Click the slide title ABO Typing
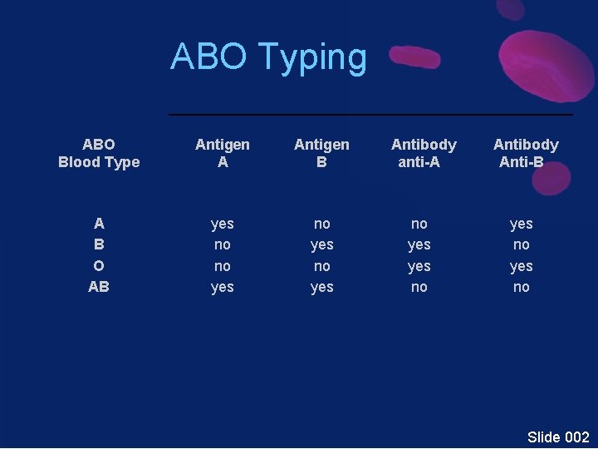[268, 57]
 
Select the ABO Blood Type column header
[99, 153]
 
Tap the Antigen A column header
[222, 153]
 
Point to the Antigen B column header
[321, 153]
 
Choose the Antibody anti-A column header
[424, 153]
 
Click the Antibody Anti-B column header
[525, 153]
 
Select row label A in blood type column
[99, 224]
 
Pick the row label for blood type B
[99, 244]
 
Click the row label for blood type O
[99, 266]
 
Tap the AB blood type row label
[99, 287]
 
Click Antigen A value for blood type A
[222, 224]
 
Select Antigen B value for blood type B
[321, 244]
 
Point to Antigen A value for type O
[222, 266]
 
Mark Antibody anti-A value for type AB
[419, 287]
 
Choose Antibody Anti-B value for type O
[521, 266]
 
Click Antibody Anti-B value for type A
[521, 224]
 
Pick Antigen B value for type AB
[321, 287]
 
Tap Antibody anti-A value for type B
[419, 244]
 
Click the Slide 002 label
[557, 437]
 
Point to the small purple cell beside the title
[414, 57]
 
